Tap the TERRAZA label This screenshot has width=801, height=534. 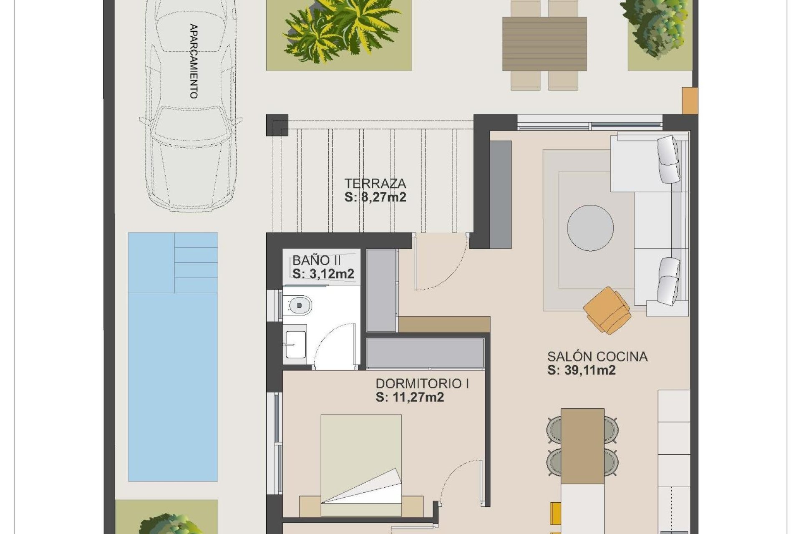375,183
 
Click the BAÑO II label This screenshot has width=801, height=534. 317,260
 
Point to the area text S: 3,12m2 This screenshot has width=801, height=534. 323,274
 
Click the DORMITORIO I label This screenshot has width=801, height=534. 422,383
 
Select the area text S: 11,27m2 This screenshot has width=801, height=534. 409,397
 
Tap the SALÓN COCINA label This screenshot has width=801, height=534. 597,356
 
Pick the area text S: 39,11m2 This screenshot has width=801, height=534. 581,370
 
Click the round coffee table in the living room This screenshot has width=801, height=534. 590,228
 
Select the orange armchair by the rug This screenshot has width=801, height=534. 607,310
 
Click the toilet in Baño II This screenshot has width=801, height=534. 298,305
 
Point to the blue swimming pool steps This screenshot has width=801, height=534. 196,262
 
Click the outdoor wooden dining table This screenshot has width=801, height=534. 544,43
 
